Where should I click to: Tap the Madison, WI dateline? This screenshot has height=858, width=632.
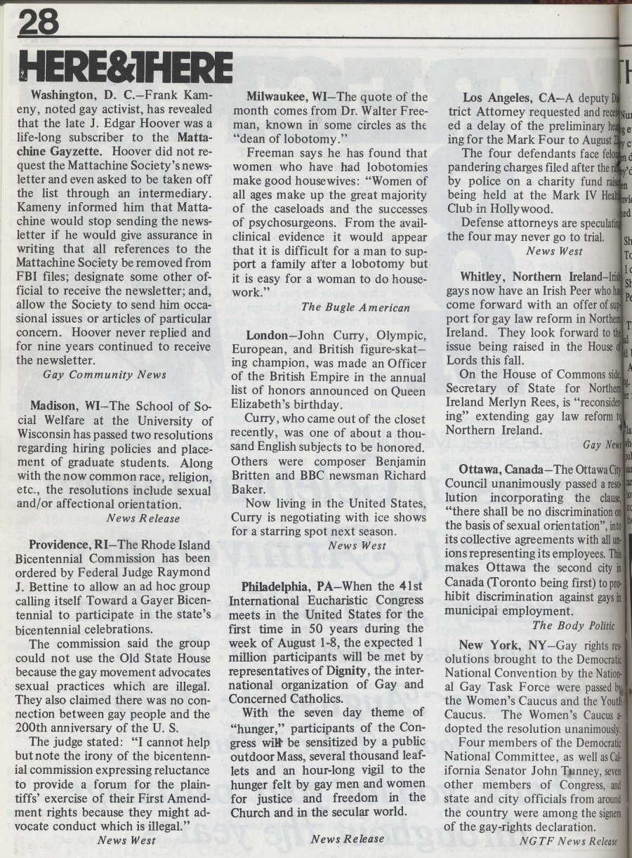[x=63, y=408]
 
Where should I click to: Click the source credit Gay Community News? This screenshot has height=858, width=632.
[x=104, y=375]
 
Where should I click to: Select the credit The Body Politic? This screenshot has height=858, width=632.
[x=572, y=625]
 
